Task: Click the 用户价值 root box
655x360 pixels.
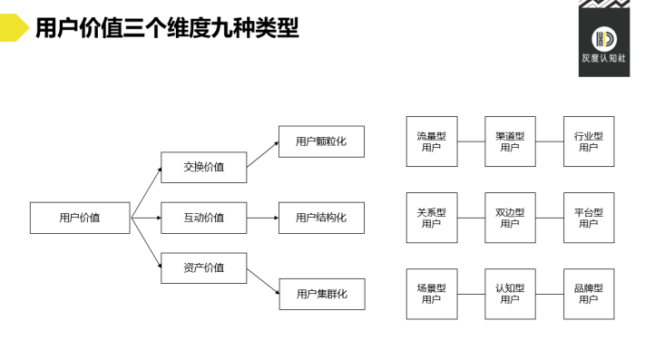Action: (80, 218)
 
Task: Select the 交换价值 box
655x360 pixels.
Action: (203, 167)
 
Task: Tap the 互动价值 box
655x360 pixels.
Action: (203, 218)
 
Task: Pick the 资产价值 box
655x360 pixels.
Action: (203, 268)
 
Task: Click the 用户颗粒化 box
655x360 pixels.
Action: (321, 141)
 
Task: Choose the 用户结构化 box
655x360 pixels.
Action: (321, 218)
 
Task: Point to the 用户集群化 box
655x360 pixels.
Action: (321, 294)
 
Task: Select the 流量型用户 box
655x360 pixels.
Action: (431, 141)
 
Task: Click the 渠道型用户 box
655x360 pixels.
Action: (510, 141)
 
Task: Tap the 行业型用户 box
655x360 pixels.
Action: (588, 141)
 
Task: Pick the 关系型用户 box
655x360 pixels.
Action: (431, 218)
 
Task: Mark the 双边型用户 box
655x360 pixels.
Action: (510, 218)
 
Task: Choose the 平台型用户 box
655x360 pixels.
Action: (588, 218)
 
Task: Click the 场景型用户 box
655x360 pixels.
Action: (431, 294)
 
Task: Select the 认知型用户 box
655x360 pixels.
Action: (510, 294)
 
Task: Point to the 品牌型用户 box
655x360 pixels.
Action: (588, 294)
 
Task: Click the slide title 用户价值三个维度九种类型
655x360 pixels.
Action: (166, 28)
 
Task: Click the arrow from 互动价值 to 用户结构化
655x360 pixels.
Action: (262, 218)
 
